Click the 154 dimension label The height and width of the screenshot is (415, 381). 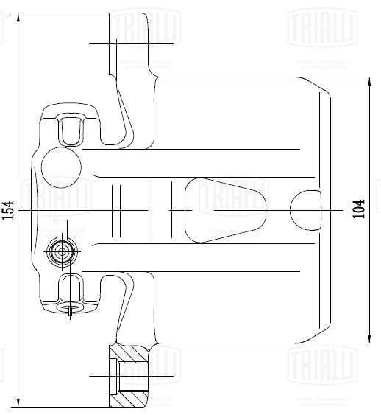(8, 210)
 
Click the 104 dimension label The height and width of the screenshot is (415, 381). (359, 209)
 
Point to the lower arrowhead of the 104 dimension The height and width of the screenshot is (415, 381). (369, 340)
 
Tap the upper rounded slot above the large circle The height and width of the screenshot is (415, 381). (71, 130)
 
